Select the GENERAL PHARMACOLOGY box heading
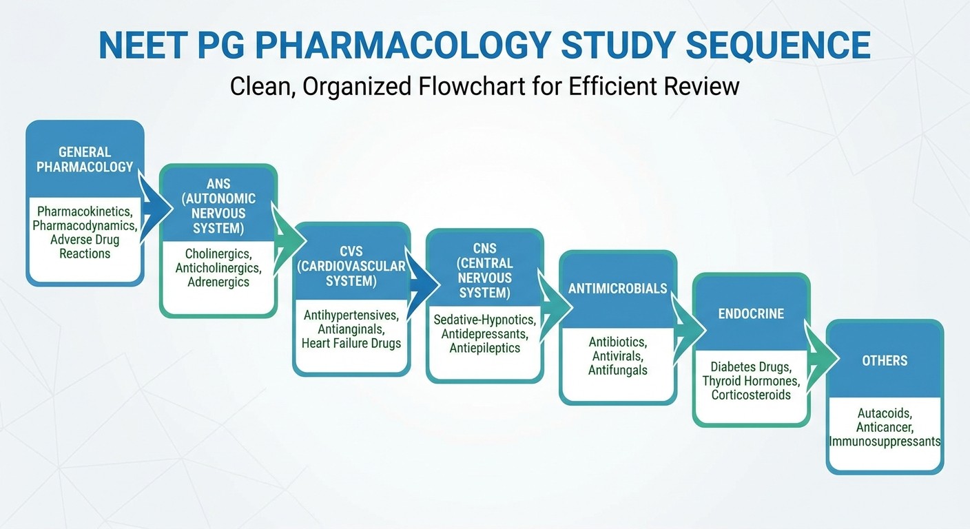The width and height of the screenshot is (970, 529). click(x=84, y=159)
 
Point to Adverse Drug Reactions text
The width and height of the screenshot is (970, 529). click(x=84, y=247)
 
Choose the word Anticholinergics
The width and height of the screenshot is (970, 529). click(x=218, y=268)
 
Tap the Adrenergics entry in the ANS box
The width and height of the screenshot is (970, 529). click(x=218, y=282)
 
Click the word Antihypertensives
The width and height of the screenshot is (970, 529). click(x=351, y=315)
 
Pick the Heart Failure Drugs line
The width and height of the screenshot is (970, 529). click(x=351, y=343)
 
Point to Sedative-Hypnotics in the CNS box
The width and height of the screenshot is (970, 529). click(x=484, y=320)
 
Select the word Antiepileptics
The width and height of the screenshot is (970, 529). click(x=484, y=348)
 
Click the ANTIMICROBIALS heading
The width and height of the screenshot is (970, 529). click(x=618, y=289)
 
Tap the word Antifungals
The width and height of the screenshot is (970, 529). click(x=618, y=370)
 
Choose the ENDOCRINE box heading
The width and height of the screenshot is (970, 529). click(x=751, y=313)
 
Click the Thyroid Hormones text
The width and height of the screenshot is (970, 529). click(x=751, y=381)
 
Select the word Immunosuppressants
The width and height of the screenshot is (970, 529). click(x=885, y=442)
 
